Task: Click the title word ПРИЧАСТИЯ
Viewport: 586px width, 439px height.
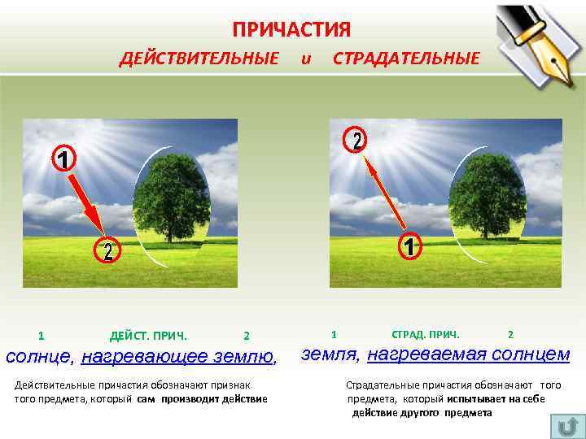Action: click(x=291, y=30)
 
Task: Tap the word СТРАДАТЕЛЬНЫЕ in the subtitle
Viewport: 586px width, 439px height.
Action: click(x=406, y=59)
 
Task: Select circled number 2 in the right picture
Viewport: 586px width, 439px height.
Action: click(x=356, y=140)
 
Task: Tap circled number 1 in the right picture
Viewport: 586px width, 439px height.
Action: click(x=410, y=246)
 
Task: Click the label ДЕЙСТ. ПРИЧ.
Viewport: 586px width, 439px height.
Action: click(x=148, y=336)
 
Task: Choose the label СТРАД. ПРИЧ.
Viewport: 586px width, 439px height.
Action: click(x=426, y=334)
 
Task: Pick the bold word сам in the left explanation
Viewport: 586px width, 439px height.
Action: click(x=146, y=398)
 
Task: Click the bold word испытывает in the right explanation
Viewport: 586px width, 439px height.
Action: click(x=474, y=399)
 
